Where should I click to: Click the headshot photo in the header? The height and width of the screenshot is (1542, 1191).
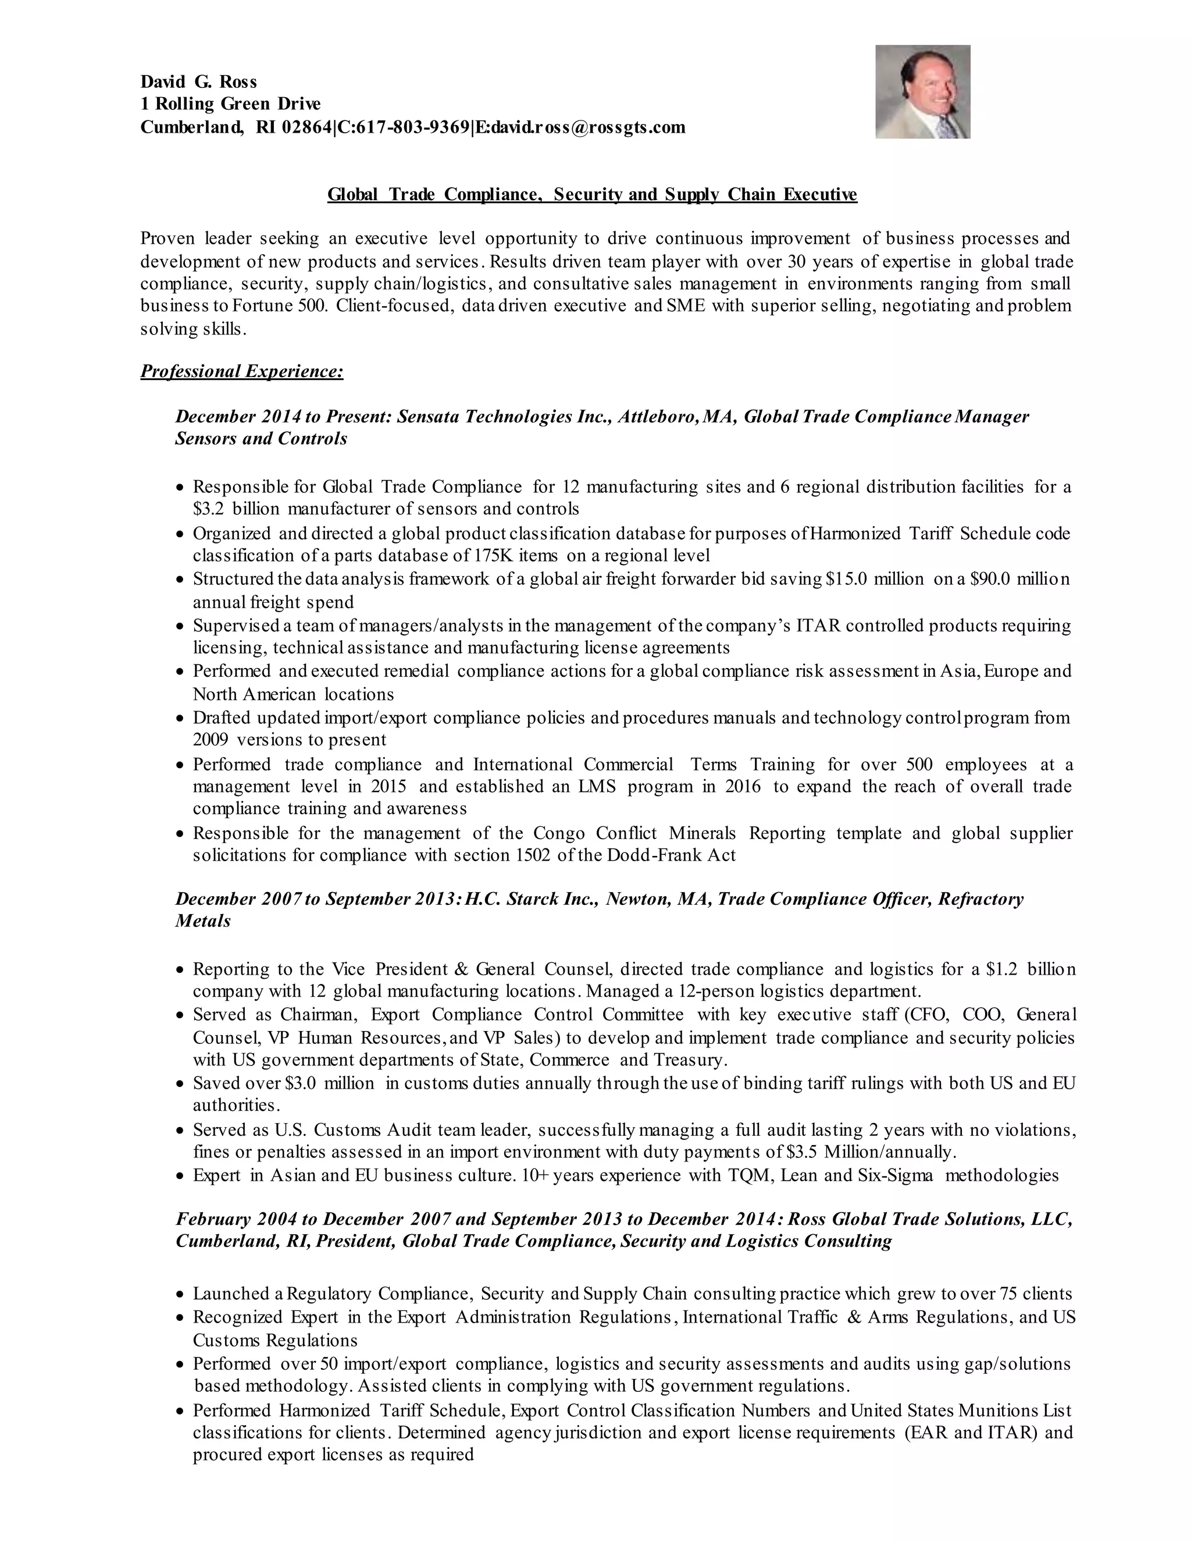click(x=922, y=92)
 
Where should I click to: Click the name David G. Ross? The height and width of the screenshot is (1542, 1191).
click(x=198, y=82)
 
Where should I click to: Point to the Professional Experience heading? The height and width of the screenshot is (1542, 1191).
click(x=241, y=371)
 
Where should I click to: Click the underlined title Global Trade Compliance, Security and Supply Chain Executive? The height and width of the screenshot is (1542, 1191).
click(x=592, y=194)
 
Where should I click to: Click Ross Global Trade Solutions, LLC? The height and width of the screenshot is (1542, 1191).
click(x=930, y=1219)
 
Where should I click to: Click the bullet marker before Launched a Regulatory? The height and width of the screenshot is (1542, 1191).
click(x=181, y=1295)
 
